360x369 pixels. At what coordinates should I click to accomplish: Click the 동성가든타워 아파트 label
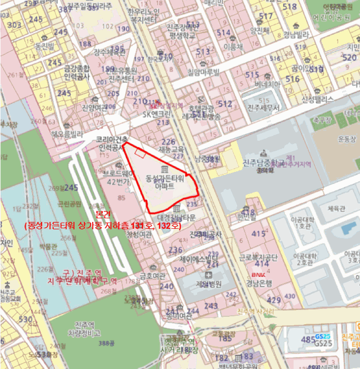coord(168,182)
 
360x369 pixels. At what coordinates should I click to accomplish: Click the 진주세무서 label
coord(262,108)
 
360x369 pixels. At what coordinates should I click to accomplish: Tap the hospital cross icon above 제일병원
coord(209,275)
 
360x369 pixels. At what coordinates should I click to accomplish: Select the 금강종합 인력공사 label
coord(77,72)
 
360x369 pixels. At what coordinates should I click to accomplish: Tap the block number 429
coord(274,299)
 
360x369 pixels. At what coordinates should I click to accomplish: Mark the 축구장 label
coord(318,120)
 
